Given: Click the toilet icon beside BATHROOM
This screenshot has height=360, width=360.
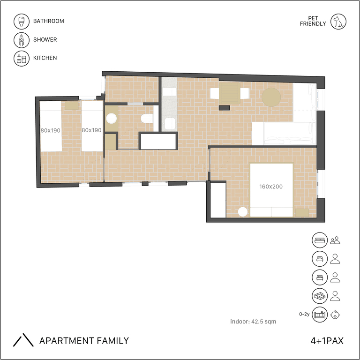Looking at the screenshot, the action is [x=22, y=22].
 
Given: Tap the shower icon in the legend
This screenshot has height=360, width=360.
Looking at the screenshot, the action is [x=22, y=40].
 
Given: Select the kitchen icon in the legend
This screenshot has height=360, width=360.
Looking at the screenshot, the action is [x=22, y=58].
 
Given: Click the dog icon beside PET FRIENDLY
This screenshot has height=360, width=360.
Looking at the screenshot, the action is [x=338, y=22].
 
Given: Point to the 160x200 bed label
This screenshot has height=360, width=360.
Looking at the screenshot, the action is [x=271, y=187].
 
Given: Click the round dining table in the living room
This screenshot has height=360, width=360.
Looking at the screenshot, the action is [x=271, y=97].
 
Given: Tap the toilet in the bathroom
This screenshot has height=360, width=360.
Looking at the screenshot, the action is [x=147, y=119].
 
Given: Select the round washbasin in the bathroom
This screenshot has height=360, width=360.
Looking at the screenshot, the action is [x=112, y=119].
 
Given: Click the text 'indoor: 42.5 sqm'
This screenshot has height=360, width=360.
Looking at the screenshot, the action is [x=253, y=322].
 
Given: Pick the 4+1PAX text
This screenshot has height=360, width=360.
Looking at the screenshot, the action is [x=327, y=341].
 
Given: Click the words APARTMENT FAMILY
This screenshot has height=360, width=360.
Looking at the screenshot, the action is [x=84, y=341].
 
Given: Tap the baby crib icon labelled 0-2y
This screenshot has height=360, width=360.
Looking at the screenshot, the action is [x=320, y=315].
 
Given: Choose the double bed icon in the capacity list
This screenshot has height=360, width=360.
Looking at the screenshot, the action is [x=320, y=240].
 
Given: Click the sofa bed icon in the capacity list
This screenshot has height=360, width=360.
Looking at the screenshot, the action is [x=320, y=296].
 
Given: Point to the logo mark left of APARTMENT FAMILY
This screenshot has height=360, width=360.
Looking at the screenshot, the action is [x=23, y=340].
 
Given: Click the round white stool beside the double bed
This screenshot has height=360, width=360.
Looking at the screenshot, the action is [x=243, y=212].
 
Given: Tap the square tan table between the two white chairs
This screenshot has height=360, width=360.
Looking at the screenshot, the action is [x=230, y=93].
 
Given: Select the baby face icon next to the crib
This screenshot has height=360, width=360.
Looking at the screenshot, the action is [x=335, y=315].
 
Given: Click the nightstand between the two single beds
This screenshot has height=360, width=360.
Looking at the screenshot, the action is [x=72, y=105].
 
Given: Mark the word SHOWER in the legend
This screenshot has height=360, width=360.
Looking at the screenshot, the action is [x=45, y=40].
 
